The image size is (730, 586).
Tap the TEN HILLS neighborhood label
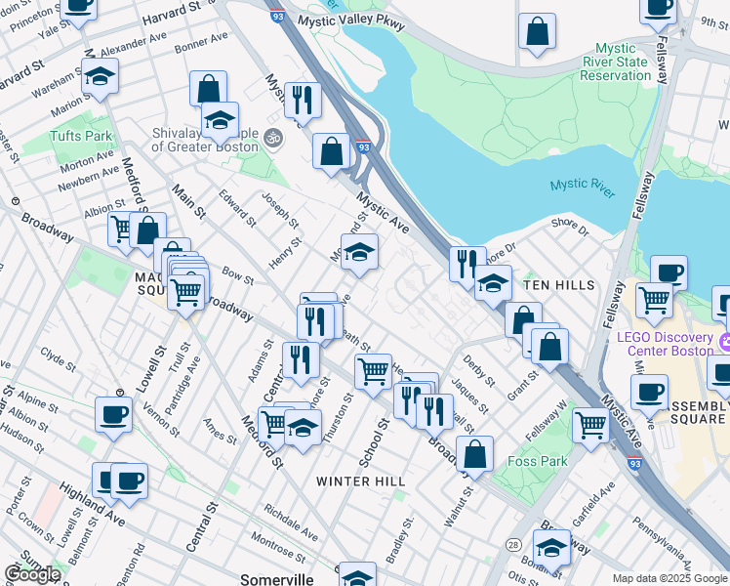coord(559,284)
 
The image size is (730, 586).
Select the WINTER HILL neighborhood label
coord(360,481)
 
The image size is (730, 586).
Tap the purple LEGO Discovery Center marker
coord(724,343)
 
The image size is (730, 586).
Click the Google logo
coord(31,573)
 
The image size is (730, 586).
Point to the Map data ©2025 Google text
coord(669,578)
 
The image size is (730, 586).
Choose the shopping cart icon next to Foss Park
coord(590,426)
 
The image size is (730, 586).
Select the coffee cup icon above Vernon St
coord(113,414)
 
